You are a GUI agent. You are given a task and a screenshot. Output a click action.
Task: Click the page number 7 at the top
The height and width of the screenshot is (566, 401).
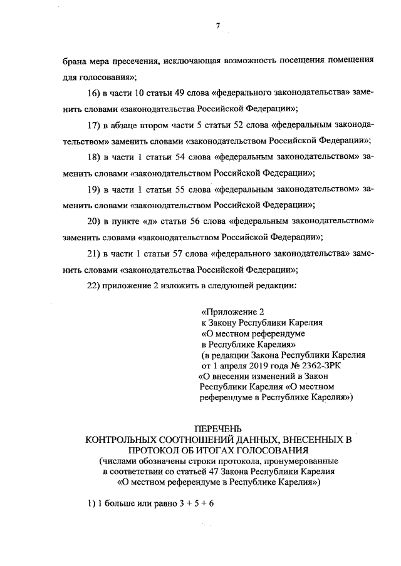tap(217, 26)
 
